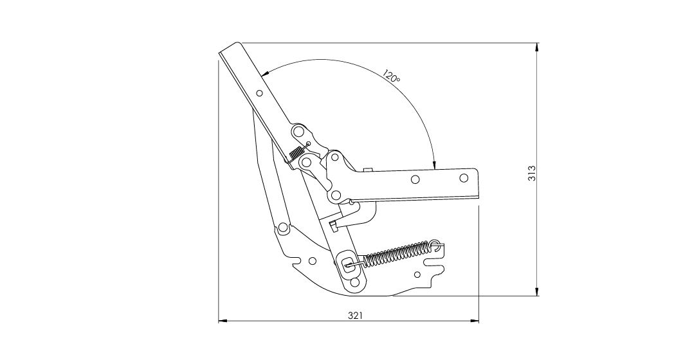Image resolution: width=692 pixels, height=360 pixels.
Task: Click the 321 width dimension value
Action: (355, 316)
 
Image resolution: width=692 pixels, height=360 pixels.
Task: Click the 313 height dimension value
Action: (532, 172)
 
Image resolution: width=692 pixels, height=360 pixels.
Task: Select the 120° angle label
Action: (390, 76)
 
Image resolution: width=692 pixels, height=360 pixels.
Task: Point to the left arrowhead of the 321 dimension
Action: (223, 321)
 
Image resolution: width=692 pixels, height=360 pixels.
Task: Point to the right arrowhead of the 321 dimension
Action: (475, 321)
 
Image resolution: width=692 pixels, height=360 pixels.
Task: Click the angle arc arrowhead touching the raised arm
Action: (264, 74)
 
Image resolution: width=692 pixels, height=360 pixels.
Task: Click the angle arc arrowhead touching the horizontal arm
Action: (435, 165)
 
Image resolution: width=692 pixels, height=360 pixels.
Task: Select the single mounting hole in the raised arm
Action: (260, 93)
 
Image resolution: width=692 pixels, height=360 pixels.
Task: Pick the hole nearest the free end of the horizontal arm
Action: (464, 178)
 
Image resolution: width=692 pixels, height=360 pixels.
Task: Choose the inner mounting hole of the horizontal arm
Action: (415, 179)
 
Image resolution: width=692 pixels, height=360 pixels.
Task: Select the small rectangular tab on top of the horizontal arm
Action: (368, 170)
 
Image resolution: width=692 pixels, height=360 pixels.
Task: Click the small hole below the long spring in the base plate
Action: (417, 275)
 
